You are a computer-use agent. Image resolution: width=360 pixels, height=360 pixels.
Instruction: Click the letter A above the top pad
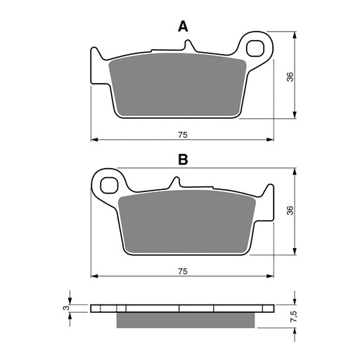183,27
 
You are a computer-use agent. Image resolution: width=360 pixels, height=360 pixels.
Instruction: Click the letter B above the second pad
183,160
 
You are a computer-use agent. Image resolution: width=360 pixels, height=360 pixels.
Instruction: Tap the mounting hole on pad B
109,186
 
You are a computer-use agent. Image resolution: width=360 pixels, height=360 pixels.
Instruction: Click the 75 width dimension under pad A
181,131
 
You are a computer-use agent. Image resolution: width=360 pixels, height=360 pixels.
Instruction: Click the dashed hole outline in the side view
106,309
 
